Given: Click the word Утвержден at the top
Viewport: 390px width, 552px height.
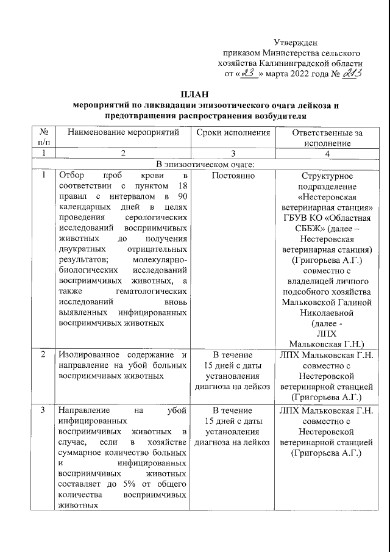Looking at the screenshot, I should point(294,42).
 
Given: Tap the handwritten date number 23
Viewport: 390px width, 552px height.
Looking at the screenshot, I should point(248,73).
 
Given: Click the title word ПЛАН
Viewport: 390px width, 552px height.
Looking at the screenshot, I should point(194,94).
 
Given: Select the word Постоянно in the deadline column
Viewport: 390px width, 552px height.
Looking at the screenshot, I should point(233,176).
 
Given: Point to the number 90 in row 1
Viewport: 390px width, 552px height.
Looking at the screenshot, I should point(180,196).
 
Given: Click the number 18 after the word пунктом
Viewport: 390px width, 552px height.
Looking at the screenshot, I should point(180,186).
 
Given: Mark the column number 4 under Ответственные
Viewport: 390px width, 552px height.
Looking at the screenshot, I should point(327,153).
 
